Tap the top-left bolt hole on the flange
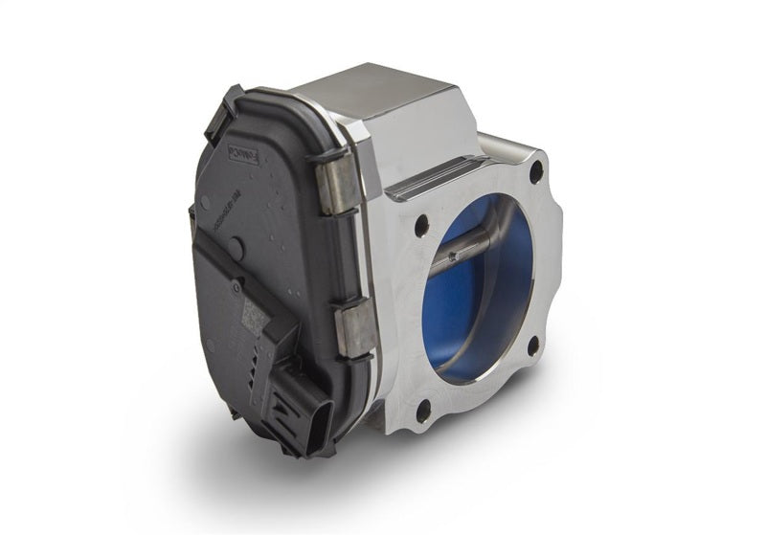pyautogui.click(x=420, y=228)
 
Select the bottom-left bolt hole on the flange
pyautogui.click(x=423, y=411)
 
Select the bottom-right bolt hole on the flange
pyautogui.click(x=533, y=346)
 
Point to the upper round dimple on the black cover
pyautogui.click(x=205, y=202)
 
